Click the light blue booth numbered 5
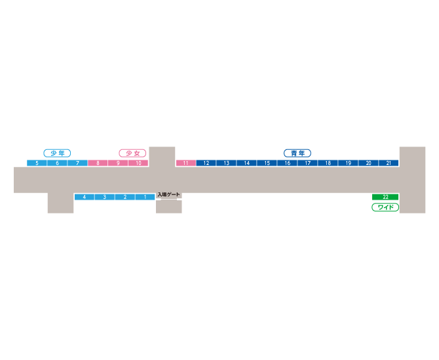coord(37,163)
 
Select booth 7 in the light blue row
coord(77,163)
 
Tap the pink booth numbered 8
coord(98,163)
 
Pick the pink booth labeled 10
coord(138,163)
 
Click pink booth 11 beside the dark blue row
coord(186,163)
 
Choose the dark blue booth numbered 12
coord(206,163)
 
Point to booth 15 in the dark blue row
coord(267,163)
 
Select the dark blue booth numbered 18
coord(328,163)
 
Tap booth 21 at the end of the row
coord(389,163)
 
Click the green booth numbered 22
coord(385,197)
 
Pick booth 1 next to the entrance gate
coord(145,197)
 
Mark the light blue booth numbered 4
coord(85,197)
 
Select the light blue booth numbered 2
coord(125,197)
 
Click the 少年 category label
coord(57,153)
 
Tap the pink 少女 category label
coord(132,153)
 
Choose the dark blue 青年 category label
coord(297,153)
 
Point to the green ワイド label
coord(385,207)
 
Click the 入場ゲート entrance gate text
coord(168,194)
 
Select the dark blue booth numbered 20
coord(368,163)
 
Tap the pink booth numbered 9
coord(118,163)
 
